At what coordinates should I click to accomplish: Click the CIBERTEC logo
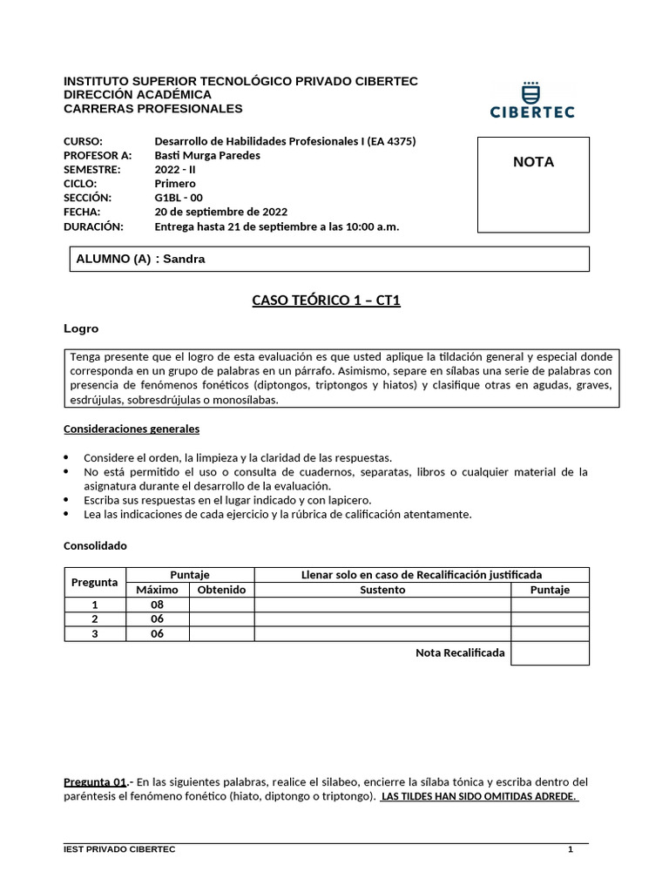(532, 100)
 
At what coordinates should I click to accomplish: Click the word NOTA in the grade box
(533, 162)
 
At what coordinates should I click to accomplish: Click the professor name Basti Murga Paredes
(206, 155)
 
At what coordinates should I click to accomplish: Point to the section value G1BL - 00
(178, 197)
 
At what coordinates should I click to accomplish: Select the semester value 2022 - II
(175, 169)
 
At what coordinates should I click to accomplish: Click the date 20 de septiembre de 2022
(220, 211)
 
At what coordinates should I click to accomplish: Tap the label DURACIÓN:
(94, 226)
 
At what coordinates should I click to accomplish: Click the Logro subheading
(81, 328)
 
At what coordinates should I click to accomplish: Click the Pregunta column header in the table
(94, 582)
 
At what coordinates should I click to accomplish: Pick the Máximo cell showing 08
(157, 604)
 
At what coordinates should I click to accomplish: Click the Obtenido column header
(221, 590)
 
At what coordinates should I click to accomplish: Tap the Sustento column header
(382, 590)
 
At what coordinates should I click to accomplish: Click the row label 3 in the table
(95, 633)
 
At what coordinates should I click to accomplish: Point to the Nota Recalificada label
(460, 652)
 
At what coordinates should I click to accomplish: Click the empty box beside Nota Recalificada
(550, 653)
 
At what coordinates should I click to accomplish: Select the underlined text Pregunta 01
(96, 781)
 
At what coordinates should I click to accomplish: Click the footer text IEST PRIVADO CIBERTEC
(119, 849)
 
